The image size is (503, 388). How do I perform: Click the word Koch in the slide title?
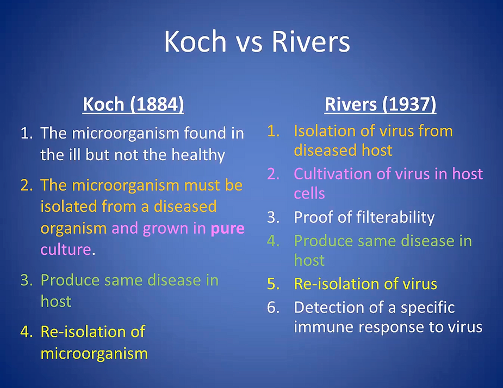click(x=195, y=41)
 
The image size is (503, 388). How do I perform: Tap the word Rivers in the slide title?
click(x=311, y=41)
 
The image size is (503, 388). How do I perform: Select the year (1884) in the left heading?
click(x=157, y=104)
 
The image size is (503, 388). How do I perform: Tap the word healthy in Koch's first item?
click(x=198, y=155)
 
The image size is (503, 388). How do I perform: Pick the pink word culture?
click(x=66, y=249)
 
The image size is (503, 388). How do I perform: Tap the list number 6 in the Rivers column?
click(x=273, y=308)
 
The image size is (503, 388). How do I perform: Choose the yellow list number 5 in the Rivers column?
click(x=273, y=284)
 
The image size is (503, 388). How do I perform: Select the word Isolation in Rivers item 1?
click(x=324, y=131)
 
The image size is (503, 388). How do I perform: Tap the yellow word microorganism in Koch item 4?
click(x=94, y=354)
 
